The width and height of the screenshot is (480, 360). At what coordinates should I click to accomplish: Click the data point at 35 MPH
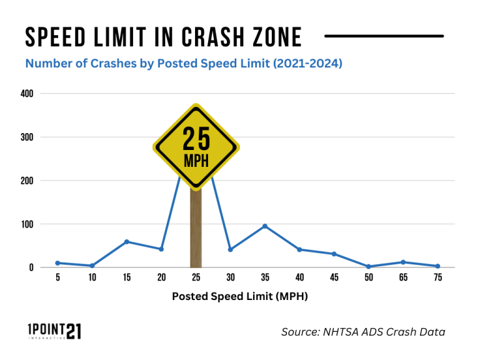pos(265,226)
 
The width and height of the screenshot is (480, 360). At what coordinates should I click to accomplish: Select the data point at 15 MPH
pos(127,241)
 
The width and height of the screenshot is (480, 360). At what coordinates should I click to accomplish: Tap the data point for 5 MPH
pos(57,263)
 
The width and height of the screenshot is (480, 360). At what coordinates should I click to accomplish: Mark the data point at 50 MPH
pos(369,266)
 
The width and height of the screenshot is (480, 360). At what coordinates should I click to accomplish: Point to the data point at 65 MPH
pos(403,262)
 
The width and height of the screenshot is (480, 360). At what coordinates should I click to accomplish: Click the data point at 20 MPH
pos(161,249)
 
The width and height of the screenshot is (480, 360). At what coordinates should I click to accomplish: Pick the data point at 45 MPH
pos(334,254)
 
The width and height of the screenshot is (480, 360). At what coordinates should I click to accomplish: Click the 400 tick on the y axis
pos(27,94)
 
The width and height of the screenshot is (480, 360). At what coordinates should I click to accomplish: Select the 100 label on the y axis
pos(27,224)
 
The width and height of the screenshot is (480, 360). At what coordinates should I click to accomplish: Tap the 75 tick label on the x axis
pos(437,278)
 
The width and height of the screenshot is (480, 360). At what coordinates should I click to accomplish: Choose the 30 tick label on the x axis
pos(231,278)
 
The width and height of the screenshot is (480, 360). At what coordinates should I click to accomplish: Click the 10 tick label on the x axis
pos(92,278)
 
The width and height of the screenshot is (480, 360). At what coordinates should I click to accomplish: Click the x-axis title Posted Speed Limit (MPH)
pos(240,297)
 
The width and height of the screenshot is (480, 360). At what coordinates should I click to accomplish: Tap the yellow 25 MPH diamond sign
pos(196,147)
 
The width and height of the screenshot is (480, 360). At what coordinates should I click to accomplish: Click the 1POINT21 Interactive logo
pos(54,331)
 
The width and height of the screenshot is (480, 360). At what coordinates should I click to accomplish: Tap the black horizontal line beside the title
pos(384,36)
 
